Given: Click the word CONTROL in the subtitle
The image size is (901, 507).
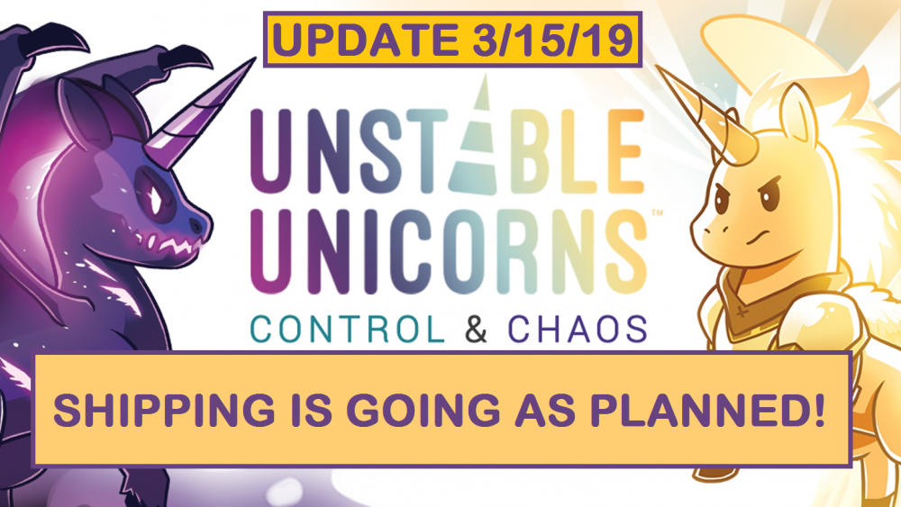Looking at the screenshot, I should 348,330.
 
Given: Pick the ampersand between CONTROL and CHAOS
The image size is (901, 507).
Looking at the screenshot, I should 477,330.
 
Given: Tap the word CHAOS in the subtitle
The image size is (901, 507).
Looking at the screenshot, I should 577,330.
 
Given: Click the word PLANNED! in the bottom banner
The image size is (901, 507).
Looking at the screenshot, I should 725,410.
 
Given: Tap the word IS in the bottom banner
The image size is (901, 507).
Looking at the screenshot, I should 306,410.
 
